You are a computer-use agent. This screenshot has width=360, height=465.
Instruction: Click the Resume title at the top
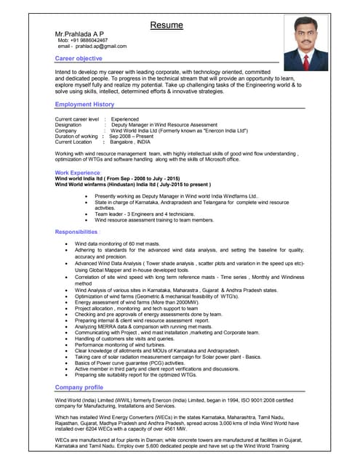(167, 25)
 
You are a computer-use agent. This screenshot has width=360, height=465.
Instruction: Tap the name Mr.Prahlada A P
(79, 34)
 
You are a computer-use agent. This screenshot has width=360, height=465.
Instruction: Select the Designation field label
(68, 125)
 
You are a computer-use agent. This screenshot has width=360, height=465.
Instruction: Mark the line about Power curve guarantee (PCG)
(137, 362)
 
